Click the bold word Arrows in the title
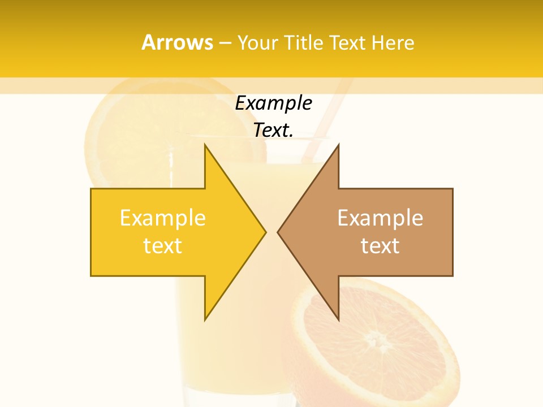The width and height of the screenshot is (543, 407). pyautogui.click(x=178, y=43)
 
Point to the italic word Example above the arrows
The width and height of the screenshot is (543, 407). pyautogui.click(x=274, y=103)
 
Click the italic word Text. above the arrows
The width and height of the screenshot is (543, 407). pyautogui.click(x=274, y=131)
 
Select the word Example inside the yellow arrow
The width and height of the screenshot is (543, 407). pyautogui.click(x=163, y=218)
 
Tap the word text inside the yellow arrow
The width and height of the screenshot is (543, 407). pyautogui.click(x=163, y=246)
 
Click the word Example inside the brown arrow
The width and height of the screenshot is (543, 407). pyautogui.click(x=380, y=218)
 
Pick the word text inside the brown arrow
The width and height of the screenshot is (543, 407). pyautogui.click(x=380, y=246)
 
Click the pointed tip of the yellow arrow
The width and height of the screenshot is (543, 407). pyautogui.click(x=265, y=232)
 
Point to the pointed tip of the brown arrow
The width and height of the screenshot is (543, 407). pyautogui.click(x=278, y=232)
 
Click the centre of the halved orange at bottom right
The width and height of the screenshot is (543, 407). pyautogui.click(x=373, y=339)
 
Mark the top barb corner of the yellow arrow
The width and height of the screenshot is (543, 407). pyautogui.click(x=205, y=145)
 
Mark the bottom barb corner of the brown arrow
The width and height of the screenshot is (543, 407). pyautogui.click(x=338, y=319)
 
